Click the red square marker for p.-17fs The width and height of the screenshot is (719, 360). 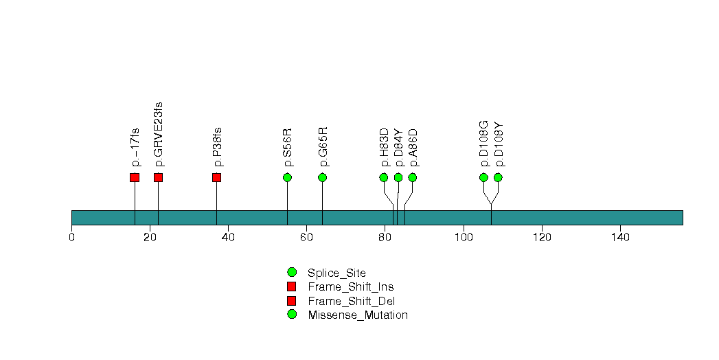coord(135,178)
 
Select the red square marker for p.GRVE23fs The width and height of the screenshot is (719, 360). coord(158,178)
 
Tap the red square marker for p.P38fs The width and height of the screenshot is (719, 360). coord(216,178)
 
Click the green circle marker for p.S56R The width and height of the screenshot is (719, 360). coord(287,178)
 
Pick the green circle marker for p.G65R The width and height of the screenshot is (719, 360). coord(322,178)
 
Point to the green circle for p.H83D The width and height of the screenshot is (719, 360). coord(384,178)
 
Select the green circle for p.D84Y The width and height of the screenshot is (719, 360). coord(398,178)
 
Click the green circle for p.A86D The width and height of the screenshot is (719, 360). coord(413,178)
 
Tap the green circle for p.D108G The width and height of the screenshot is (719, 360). coord(483,178)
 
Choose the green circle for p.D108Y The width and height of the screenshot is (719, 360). coord(498,178)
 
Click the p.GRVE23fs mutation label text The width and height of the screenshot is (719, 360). coord(159,134)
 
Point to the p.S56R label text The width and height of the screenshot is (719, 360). coord(288,147)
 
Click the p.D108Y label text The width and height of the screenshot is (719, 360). coord(499,144)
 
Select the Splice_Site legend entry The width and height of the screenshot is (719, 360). coord(336,273)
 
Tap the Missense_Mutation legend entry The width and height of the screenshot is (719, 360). coord(357,315)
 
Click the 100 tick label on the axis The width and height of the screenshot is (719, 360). coord(464,238)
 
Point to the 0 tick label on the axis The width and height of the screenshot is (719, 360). coord(71,238)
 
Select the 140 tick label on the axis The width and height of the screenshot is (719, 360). coord(620,238)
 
